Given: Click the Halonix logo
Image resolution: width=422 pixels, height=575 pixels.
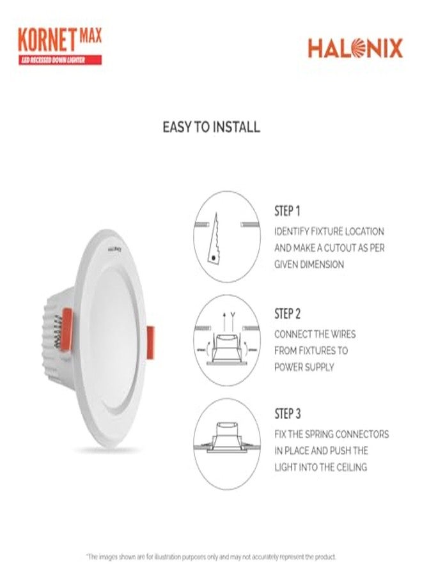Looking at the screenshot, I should point(355,49).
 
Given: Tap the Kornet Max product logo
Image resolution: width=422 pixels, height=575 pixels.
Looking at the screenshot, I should point(59,39).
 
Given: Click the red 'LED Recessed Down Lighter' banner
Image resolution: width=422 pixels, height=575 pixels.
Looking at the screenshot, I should point(59,60).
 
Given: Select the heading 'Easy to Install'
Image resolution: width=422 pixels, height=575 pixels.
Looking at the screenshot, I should point(211,127).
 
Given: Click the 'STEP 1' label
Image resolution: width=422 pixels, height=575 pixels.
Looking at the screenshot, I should point(287,211).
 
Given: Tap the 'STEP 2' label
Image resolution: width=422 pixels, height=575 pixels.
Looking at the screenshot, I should point(287,314).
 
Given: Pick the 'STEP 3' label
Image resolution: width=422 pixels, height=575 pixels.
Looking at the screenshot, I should point(287,413).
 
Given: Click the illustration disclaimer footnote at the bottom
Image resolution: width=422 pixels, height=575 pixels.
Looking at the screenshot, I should point(211,557).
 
